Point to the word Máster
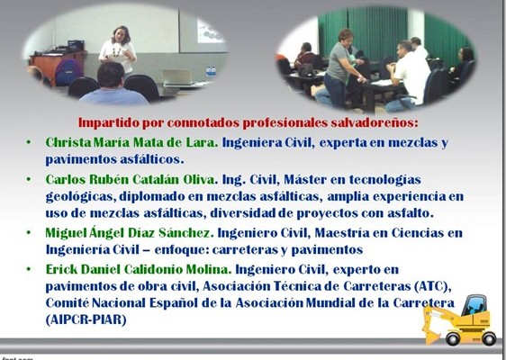[304, 179]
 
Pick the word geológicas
[81, 197]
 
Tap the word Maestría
[342, 233]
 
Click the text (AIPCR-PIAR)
[86, 320]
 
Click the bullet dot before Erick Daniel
[29, 269]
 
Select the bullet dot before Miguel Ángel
[29, 232]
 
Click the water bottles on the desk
[211, 71]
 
